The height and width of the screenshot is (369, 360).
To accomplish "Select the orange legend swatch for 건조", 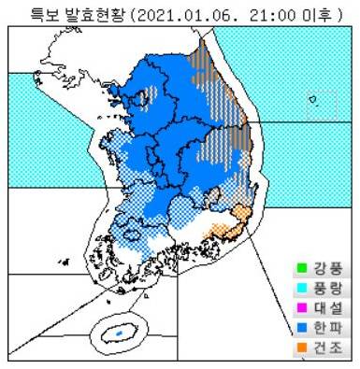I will pyautogui.click(x=302, y=348).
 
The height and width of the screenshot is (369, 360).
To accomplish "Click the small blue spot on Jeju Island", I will pyautogui.click(x=119, y=332).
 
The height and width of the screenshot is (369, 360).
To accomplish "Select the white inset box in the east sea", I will pyautogui.click(x=321, y=104).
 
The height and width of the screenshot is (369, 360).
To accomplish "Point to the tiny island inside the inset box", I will pyautogui.click(x=316, y=105).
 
